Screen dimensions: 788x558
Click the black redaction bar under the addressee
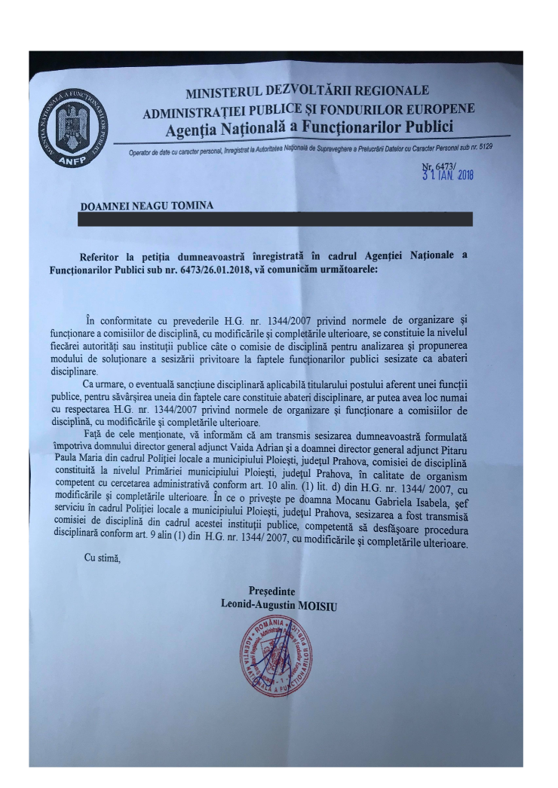coord(276,218)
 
